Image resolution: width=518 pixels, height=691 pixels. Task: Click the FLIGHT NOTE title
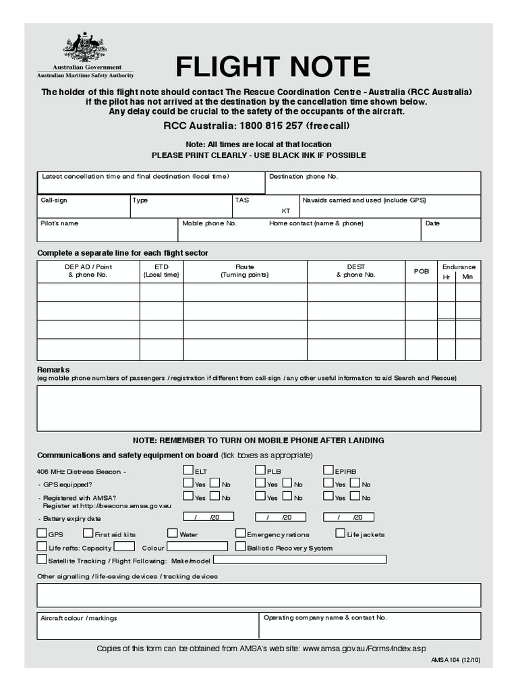pos(272,67)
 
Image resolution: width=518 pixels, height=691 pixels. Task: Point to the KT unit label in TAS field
pos(286,211)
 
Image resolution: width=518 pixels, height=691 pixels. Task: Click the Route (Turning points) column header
pos(245,271)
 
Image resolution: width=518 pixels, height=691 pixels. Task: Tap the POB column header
pos(421,271)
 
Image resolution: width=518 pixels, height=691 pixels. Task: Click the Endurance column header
pos(459,267)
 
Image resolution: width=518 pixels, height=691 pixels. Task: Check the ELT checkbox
pos(188,470)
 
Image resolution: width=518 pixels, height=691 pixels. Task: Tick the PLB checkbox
pos(260,470)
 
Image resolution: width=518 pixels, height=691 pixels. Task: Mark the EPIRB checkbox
pos(328,470)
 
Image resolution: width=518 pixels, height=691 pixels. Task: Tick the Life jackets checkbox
pos(341,533)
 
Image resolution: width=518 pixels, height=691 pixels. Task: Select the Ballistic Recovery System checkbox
pos(241,547)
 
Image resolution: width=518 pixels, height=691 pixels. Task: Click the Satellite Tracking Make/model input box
pos(300,559)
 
